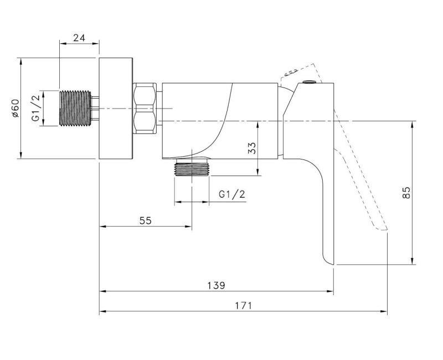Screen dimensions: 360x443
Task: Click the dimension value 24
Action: tap(79, 38)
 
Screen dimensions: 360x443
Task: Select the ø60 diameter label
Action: tap(15, 108)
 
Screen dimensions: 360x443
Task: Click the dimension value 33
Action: tap(251, 148)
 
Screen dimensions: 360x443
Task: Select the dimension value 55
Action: tap(145, 220)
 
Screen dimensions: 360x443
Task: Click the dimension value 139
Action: tap(217, 285)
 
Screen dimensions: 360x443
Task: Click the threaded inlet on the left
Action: tap(73, 107)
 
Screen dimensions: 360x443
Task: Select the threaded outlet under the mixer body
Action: tap(192, 169)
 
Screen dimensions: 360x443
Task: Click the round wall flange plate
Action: tap(116, 107)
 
